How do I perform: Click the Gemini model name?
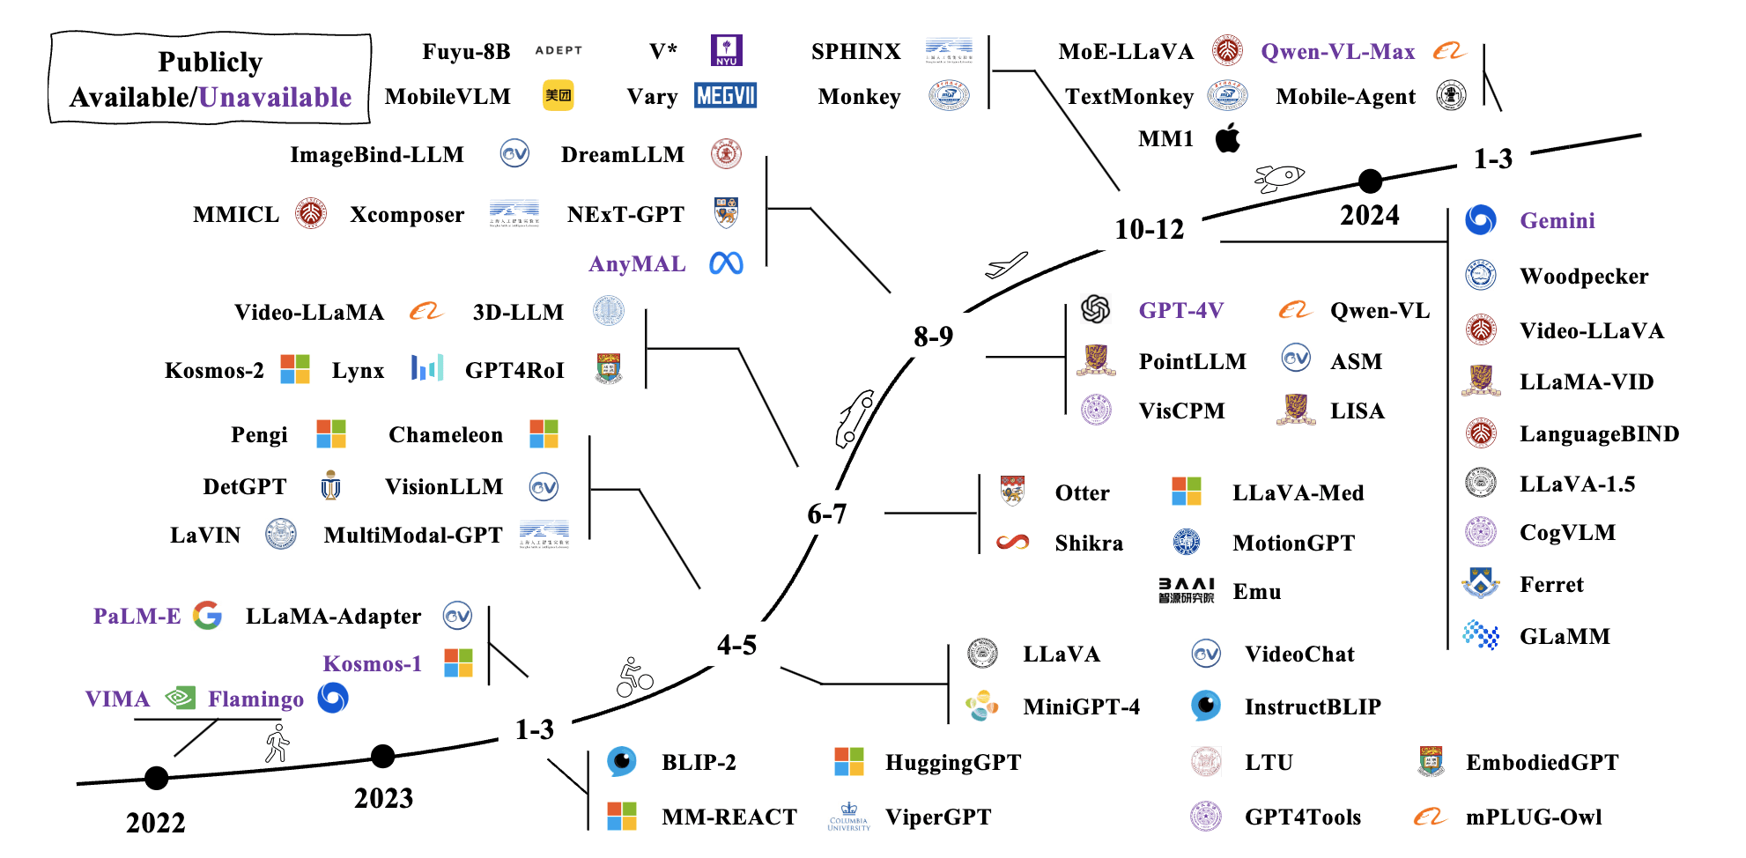coord(1557,220)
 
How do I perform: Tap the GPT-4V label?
coord(1180,310)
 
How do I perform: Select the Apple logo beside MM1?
coord(1228,138)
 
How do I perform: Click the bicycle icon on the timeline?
coord(634,677)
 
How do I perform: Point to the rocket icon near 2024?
coord(1279,177)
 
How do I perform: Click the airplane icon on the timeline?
coord(1006,264)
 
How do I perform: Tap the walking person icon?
coord(277,743)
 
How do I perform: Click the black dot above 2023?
coord(382,756)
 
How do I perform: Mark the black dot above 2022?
coord(156,778)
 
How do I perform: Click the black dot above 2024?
coord(1370,181)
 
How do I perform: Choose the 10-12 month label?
coord(1149,230)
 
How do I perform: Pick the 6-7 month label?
coord(826,514)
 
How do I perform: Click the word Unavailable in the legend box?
coord(275,97)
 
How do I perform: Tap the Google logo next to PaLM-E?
coord(207,615)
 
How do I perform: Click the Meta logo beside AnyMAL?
coord(726,263)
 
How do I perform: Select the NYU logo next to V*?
coord(726,50)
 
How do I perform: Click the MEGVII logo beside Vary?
coord(725,95)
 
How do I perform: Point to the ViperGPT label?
coord(937,817)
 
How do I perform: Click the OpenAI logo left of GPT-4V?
coord(1095,309)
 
